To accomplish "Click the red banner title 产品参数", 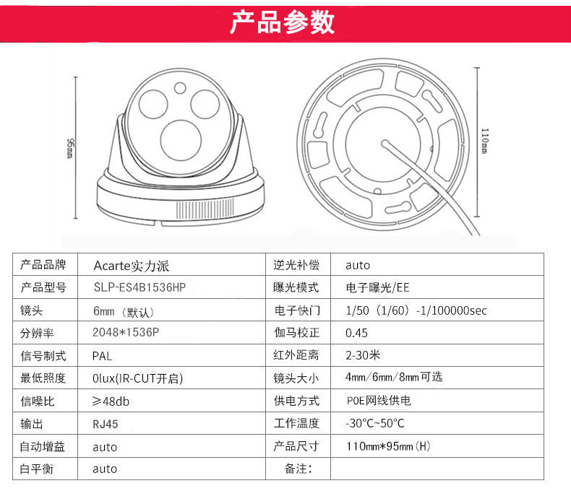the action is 282,22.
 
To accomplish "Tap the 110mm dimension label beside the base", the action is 485,141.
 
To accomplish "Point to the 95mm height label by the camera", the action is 70,148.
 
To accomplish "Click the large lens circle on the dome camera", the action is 181,140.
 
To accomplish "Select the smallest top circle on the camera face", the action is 180,87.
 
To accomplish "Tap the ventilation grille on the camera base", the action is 205,209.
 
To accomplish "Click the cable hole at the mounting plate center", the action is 385,144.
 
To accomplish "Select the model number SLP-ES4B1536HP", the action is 139,287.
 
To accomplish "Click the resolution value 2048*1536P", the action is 126,332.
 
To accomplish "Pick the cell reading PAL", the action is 102,356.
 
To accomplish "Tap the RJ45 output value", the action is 106,424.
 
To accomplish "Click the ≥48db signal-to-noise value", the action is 111,401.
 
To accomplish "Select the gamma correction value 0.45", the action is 356,333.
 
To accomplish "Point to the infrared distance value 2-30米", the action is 363,355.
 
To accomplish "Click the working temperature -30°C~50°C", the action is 374,423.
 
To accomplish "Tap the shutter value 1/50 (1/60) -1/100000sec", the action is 416,310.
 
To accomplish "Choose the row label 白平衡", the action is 37,469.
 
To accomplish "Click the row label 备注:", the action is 299,469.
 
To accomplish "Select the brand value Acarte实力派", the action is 131,266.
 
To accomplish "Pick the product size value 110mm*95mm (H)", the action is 388,446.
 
